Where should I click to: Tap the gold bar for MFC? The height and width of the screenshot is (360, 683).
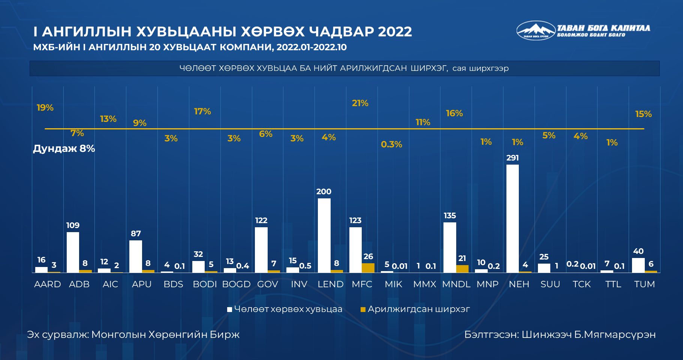tap(368, 268)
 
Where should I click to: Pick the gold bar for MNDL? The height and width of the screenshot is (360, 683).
tap(462, 268)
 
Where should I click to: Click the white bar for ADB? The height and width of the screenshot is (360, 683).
tap(73, 252)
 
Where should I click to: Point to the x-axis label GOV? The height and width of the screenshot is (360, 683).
tap(268, 284)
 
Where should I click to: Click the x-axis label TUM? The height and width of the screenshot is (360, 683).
tap(644, 284)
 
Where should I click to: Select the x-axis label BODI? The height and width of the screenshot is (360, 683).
tap(205, 284)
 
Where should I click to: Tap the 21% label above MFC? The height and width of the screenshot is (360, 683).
tap(360, 103)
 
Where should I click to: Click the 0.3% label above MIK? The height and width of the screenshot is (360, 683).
tap(391, 144)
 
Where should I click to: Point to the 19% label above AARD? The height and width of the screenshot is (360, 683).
tap(45, 108)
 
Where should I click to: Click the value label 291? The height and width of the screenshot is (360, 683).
tap(512, 158)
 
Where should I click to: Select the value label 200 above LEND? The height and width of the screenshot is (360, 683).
tap(324, 192)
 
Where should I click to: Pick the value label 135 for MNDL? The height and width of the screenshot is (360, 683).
tap(450, 216)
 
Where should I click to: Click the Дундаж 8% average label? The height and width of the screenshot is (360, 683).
tap(64, 148)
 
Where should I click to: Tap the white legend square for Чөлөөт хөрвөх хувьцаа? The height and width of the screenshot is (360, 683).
tap(229, 309)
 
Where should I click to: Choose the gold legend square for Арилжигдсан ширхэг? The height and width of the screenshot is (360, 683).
tap(363, 309)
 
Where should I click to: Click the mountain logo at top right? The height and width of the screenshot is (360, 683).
tap(536, 30)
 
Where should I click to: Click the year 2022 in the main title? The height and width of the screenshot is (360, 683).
tap(395, 31)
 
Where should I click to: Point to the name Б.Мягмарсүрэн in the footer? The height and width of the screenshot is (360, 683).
tap(615, 334)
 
